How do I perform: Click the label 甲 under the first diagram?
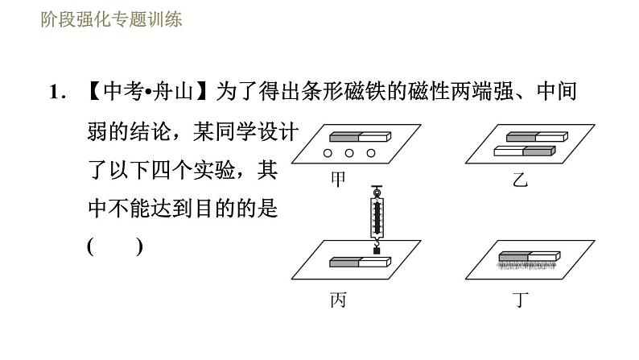(339, 180)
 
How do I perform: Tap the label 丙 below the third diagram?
(339, 300)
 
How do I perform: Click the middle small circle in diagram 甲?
(350, 153)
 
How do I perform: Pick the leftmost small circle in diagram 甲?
(329, 153)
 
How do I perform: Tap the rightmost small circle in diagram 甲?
(371, 153)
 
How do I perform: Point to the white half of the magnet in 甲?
(373, 136)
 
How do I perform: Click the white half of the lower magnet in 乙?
(508, 150)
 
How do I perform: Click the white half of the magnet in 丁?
(543, 256)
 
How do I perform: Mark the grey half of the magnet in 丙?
(344, 261)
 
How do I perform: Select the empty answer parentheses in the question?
(115, 246)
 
